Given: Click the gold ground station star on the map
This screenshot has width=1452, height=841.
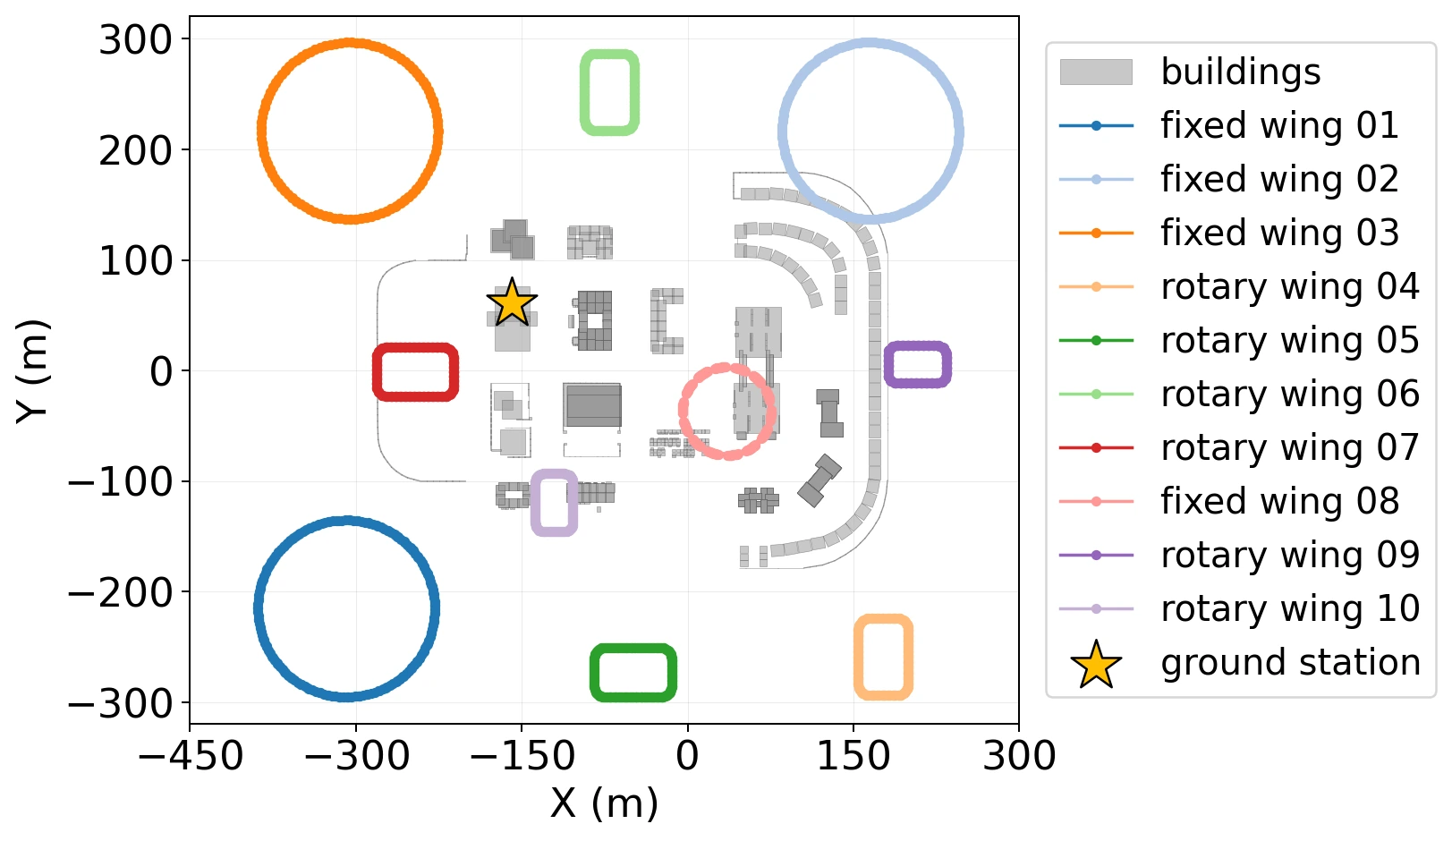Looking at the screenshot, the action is [512, 302].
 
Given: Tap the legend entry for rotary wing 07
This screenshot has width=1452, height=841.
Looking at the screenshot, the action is [1239, 447].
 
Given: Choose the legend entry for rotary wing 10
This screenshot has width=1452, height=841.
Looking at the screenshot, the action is [1239, 609].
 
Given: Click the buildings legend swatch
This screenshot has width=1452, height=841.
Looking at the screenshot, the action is [1096, 72].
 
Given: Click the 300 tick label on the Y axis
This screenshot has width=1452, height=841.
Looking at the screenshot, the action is [135, 40].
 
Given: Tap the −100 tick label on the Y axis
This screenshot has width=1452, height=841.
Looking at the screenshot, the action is [121, 481].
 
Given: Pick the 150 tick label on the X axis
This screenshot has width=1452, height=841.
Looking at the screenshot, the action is [853, 755].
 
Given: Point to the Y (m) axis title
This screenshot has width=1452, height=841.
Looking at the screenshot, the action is [32, 371].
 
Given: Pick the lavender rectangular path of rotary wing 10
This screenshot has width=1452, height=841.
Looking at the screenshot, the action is [535, 503].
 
